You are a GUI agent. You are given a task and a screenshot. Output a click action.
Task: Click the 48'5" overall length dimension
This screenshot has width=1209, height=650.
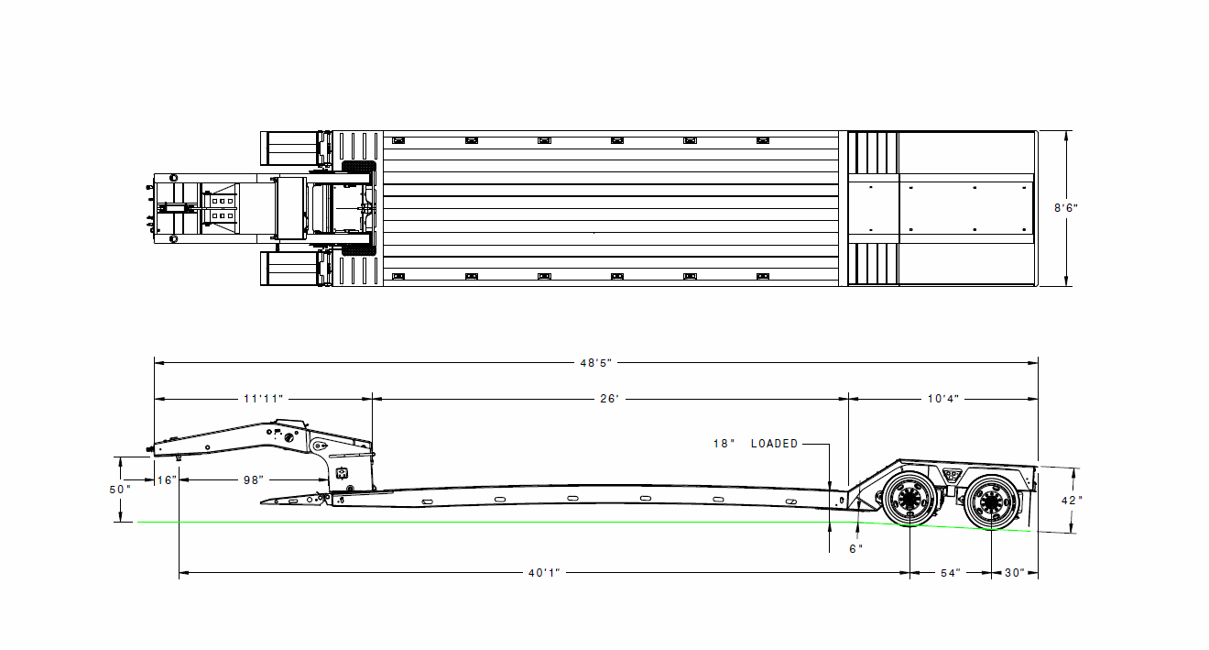tap(596, 363)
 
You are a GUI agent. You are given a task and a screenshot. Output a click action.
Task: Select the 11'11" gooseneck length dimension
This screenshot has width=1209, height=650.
tap(263, 400)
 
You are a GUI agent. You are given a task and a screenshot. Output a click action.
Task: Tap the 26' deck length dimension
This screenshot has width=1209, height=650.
tap(610, 400)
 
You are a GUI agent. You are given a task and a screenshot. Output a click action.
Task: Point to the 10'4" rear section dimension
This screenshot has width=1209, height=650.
tap(942, 400)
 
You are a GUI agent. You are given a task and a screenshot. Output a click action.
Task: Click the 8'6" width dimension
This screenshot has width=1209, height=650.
tap(1066, 208)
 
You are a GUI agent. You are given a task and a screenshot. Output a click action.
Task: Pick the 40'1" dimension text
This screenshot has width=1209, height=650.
tap(544, 573)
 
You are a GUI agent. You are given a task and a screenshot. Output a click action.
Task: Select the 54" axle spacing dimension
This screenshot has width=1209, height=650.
tap(951, 573)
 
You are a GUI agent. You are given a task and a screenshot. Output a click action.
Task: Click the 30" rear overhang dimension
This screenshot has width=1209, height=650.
tap(1014, 573)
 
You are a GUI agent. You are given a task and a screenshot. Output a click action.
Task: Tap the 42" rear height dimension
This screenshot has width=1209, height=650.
tap(1072, 501)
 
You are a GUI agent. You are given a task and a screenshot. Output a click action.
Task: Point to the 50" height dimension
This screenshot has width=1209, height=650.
tap(120, 490)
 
